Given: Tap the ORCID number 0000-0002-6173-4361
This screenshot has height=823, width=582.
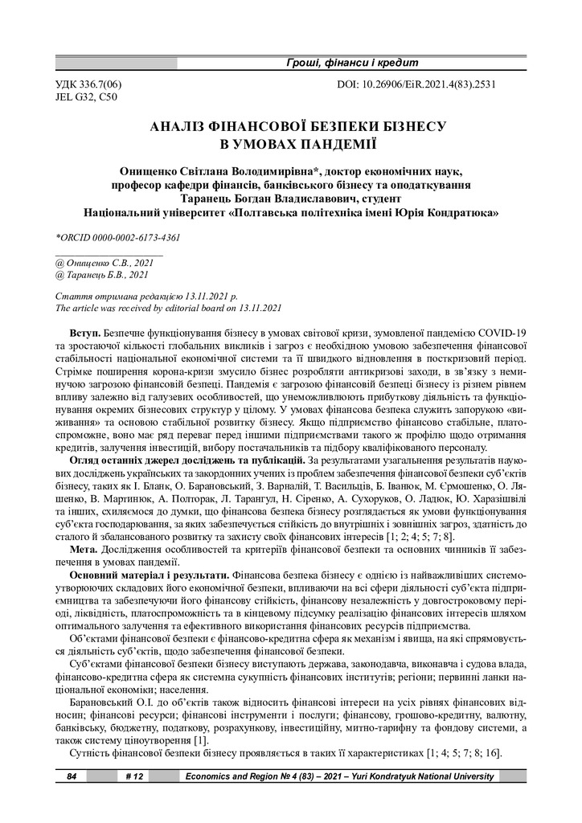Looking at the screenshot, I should coord(137,238).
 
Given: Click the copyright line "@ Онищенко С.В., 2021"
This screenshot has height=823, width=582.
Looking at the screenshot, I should coord(103,262).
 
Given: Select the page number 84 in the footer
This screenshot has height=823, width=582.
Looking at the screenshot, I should coord(72,776).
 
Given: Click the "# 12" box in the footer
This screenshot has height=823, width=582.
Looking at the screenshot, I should coord(134,776).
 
